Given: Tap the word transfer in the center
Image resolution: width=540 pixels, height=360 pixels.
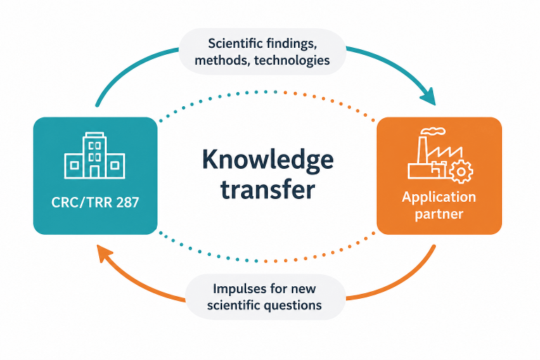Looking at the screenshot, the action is [268, 189].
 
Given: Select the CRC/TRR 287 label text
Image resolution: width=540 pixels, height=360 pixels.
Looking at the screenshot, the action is [95, 202].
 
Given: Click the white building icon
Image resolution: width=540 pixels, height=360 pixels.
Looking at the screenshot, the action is [95, 155].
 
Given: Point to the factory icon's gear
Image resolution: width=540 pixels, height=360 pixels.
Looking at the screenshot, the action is [461, 172].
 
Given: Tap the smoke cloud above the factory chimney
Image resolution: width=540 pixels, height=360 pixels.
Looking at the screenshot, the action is [434, 131].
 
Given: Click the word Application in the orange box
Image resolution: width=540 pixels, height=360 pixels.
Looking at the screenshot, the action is [439, 198].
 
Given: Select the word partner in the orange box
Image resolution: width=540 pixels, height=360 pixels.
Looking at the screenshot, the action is [439, 214].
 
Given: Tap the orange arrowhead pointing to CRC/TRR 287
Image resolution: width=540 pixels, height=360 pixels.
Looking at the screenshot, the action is [104, 252].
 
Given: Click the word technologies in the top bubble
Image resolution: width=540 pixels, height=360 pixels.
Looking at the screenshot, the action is [292, 60].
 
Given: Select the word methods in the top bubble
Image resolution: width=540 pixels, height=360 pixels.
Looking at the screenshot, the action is [222, 60].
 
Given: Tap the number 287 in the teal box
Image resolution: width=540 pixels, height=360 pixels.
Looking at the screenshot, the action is [127, 202].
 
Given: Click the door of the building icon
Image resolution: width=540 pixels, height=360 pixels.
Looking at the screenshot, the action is [95, 172].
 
